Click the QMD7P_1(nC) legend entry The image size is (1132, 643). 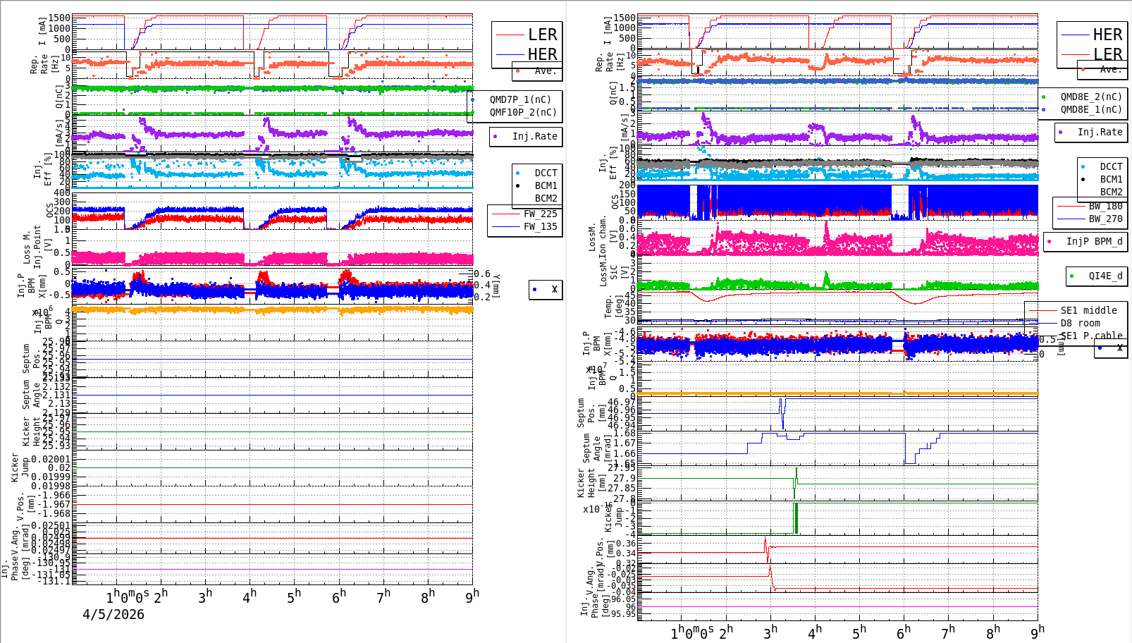pos(520,99)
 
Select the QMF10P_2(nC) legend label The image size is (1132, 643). pos(522,112)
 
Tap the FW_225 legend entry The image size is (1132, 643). pos(540,214)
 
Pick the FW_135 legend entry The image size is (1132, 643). pos(540,226)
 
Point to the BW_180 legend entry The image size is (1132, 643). pos(1105,206)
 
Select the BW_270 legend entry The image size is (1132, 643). pos(1105,219)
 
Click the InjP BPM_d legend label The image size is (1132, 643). pos(1094,241)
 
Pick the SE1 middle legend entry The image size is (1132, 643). pos(1088,310)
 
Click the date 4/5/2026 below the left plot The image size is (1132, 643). pos(113,614)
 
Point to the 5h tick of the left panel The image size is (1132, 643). pos(294,596)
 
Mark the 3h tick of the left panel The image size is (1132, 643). pos(205,596)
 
